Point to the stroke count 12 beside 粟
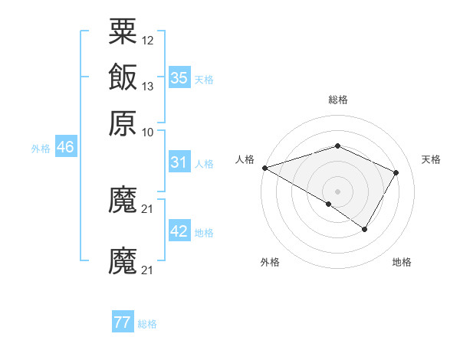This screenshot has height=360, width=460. pyautogui.click(x=148, y=40)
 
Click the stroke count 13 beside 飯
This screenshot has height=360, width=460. pyautogui.click(x=148, y=86)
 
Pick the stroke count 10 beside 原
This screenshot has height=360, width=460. pyautogui.click(x=148, y=132)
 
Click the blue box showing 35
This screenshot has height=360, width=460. pyautogui.click(x=179, y=77)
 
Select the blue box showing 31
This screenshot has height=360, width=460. pyautogui.click(x=179, y=162)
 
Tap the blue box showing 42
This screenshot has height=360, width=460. pyautogui.click(x=179, y=232)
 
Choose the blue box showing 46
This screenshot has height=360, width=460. pyautogui.click(x=65, y=148)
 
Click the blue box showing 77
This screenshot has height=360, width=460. pyautogui.click(x=123, y=322)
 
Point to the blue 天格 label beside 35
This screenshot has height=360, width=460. pyautogui.click(x=204, y=79)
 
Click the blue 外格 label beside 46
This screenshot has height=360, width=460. pyautogui.click(x=41, y=149)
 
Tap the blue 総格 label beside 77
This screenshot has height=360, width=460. pyautogui.click(x=147, y=324)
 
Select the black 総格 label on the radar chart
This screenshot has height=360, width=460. pyautogui.click(x=338, y=100)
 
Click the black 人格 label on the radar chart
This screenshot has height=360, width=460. pyautogui.click(x=245, y=159)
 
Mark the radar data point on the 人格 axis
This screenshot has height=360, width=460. pyautogui.click(x=264, y=168)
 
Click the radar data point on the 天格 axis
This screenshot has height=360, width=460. pyautogui.click(x=396, y=172)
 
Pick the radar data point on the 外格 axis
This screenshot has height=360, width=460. pyautogui.click(x=329, y=204)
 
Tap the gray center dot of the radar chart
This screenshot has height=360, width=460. pyautogui.click(x=338, y=191)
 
